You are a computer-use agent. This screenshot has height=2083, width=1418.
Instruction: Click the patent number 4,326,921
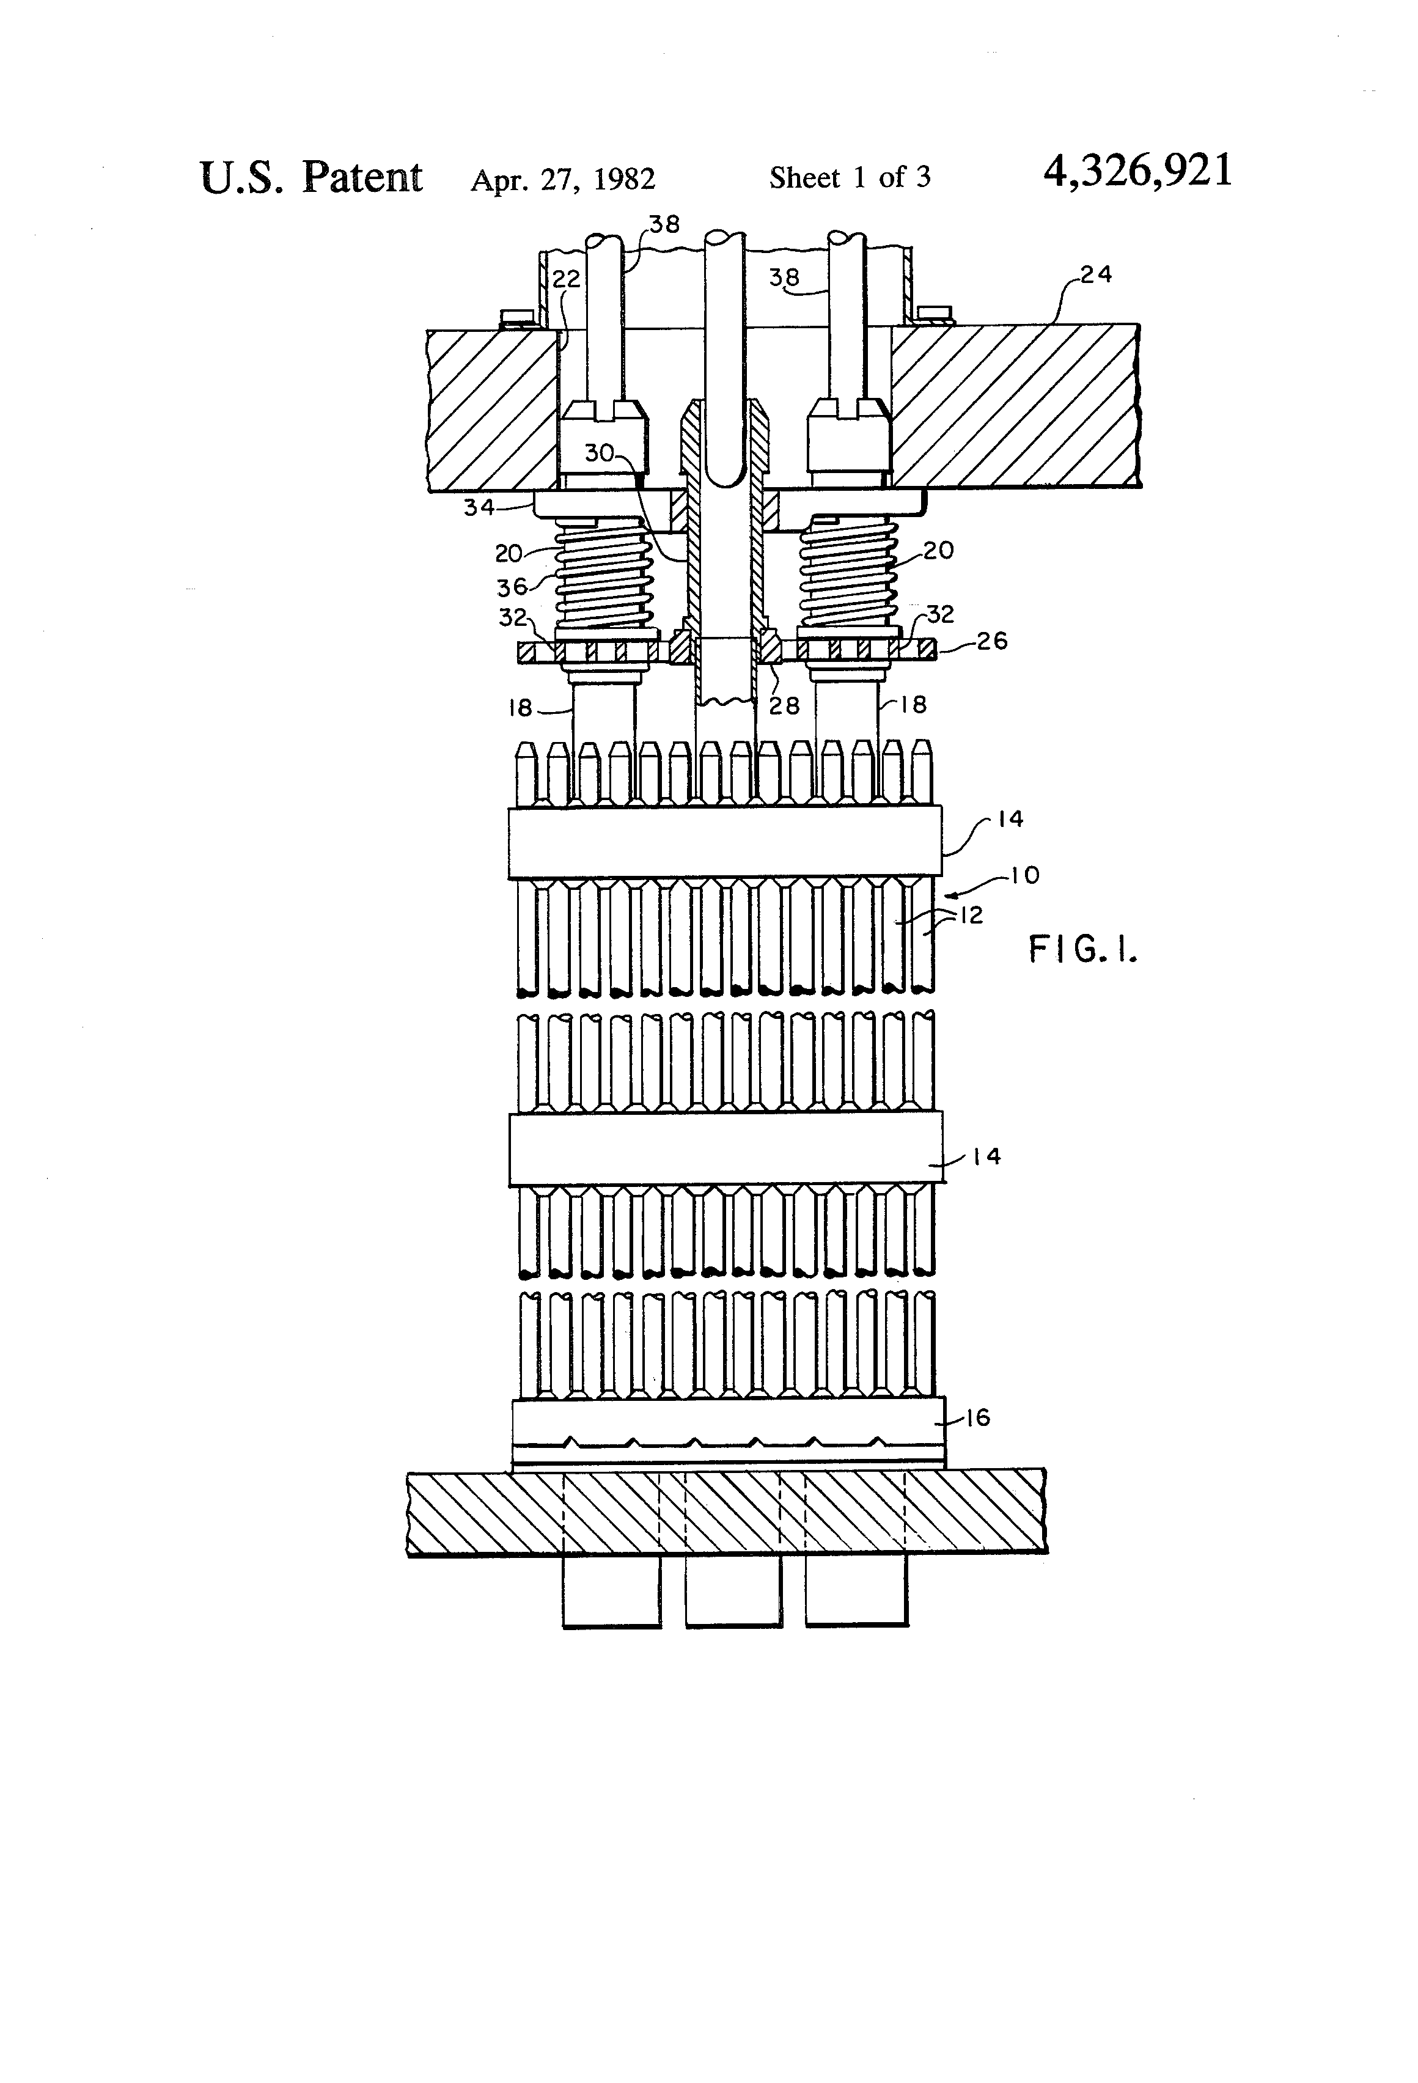1137,171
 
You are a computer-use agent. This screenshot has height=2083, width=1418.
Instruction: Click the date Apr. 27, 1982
563,179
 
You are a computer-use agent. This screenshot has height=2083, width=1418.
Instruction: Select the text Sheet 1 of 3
849,177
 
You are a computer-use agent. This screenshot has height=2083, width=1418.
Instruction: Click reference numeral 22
565,280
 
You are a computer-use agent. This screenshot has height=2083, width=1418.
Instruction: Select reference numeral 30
599,454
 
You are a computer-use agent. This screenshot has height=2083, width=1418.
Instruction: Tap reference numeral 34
479,507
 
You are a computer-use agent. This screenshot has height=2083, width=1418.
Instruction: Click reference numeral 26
991,641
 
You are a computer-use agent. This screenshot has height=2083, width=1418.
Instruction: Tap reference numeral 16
977,1417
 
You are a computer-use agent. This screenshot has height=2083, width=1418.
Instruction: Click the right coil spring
847,576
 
